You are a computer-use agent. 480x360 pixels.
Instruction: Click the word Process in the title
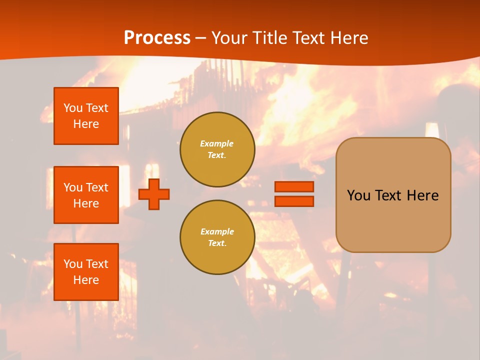[157, 38]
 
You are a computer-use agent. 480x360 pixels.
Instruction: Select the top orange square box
[86, 116]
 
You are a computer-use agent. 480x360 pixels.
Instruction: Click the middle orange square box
[86, 195]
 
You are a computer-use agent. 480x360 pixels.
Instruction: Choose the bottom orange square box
[86, 272]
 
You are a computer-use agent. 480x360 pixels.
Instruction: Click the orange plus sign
[154, 194]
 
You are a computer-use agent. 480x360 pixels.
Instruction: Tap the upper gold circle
[217, 149]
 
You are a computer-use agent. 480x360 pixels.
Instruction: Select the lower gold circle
[217, 237]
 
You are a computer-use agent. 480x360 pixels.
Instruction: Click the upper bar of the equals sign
[294, 186]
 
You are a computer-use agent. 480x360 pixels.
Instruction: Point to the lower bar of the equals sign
[294, 201]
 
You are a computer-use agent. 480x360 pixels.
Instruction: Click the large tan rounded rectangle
[393, 220]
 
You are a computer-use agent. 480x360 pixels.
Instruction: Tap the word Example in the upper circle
[217, 143]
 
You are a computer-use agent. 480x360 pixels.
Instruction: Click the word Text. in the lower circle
[217, 243]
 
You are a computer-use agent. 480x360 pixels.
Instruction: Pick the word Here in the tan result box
[422, 195]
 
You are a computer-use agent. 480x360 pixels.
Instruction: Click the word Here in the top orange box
[86, 124]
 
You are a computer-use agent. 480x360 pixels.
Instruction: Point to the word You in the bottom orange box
[73, 264]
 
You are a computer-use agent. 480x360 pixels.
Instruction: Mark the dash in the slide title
[201, 38]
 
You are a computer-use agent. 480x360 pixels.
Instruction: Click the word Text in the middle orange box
[97, 187]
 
